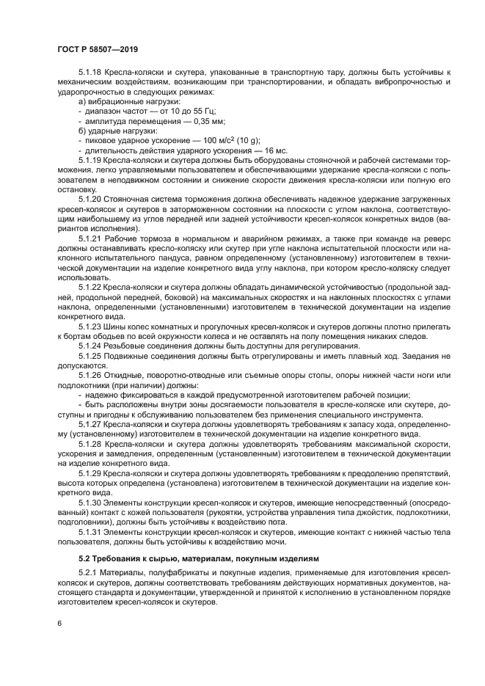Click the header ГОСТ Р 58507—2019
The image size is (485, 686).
coord(98,50)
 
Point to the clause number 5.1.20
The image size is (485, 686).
coord(90,198)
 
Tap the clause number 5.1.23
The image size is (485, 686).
coord(90,324)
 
